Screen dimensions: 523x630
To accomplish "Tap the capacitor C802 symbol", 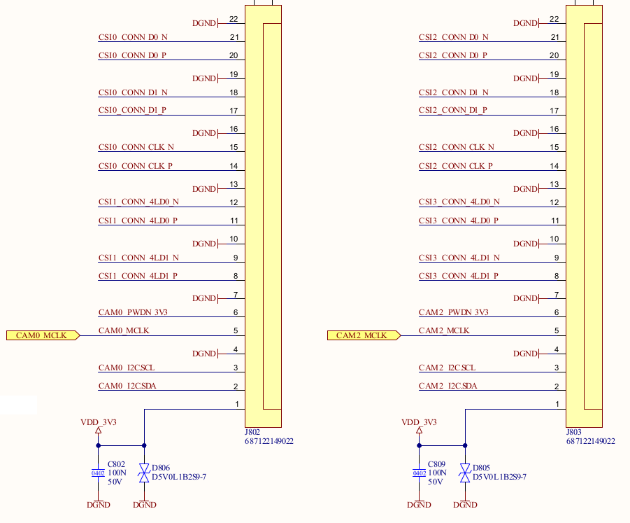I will click(x=98, y=473).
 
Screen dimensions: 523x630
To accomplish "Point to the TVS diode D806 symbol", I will click(x=144, y=473).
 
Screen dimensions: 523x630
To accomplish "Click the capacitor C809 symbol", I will click(x=419, y=473).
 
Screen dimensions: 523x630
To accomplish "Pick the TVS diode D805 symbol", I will click(x=464, y=473).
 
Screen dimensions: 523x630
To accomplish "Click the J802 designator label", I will click(x=252, y=433).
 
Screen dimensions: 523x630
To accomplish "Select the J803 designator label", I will click(x=573, y=433).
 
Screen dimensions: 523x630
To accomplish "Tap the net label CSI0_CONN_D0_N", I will click(x=133, y=37).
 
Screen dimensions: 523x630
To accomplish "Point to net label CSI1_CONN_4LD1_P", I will click(x=138, y=276).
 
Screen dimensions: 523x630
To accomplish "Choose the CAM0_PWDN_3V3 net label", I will click(x=133, y=312).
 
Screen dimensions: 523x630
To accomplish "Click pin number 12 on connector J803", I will click(x=554, y=202).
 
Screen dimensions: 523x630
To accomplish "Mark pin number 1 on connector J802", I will click(x=237, y=404).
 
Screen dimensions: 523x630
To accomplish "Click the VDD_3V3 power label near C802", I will click(x=98, y=422).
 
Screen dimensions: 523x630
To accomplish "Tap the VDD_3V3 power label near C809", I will click(x=419, y=422).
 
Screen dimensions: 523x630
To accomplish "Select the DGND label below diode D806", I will click(x=144, y=505).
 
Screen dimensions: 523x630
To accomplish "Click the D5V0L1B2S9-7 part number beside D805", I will click(x=499, y=477).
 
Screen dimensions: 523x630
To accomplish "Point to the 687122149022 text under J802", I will click(x=269, y=442).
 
